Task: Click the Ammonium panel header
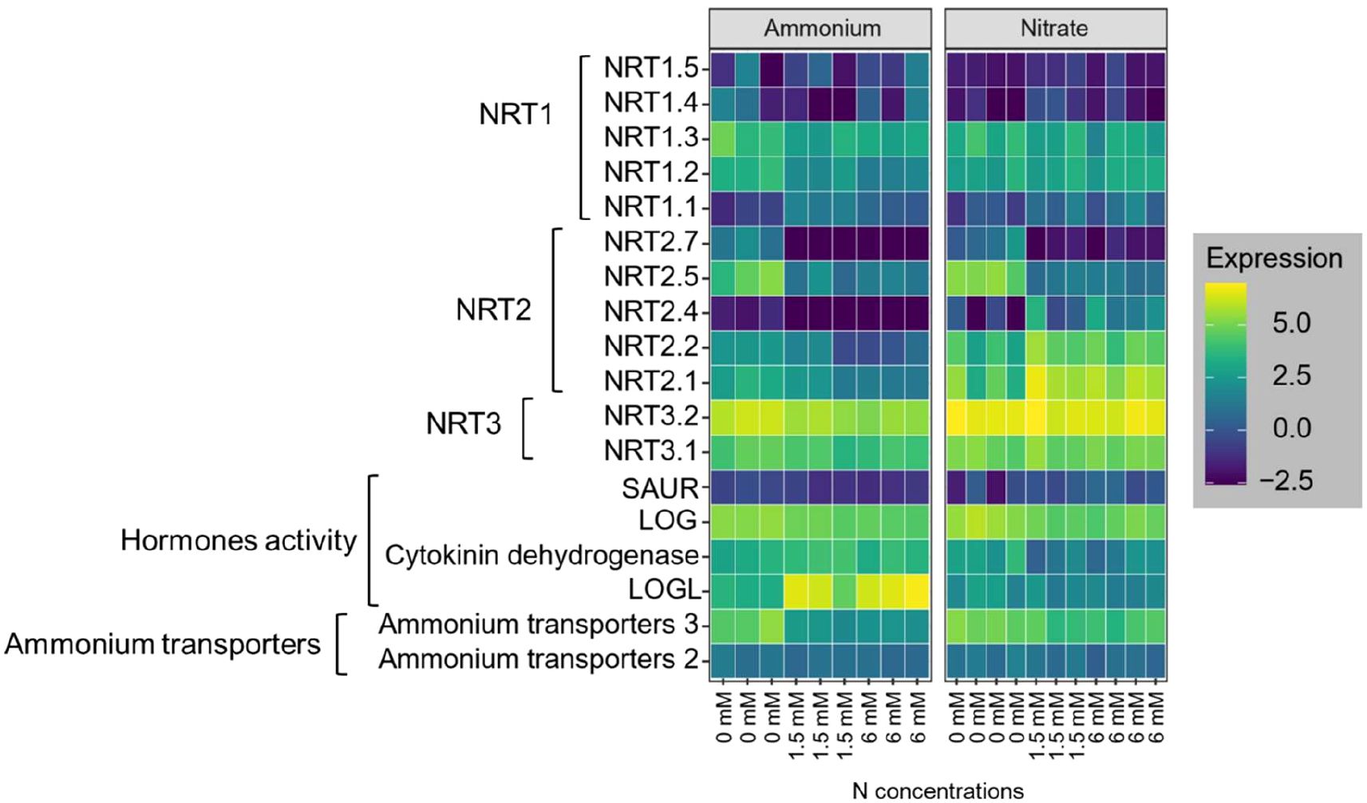[x=821, y=29]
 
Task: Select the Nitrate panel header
[x=1054, y=29]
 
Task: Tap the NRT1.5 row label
[x=650, y=69]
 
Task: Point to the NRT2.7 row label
[x=650, y=242]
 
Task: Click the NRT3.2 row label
[x=650, y=416]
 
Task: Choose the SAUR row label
[x=659, y=487]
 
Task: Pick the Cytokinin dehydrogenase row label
[x=542, y=555]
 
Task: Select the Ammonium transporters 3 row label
[x=539, y=624]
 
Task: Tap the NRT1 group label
[x=516, y=115]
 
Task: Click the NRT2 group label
[x=493, y=309]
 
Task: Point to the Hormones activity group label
[x=239, y=541]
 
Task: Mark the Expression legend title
[x=1274, y=258]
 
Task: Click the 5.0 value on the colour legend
[x=1291, y=323]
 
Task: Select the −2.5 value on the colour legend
[x=1285, y=481]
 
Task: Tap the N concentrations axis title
[x=938, y=790]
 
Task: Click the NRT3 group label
[x=463, y=424]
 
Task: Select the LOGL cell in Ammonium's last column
[x=919, y=591]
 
